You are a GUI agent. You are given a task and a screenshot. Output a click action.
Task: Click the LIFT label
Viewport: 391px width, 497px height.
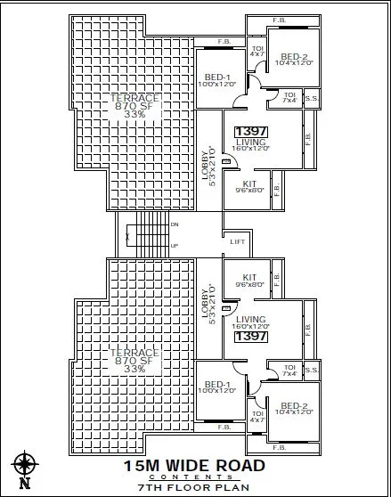click(x=237, y=241)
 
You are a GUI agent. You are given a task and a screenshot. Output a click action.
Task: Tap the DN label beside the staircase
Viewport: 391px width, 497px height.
click(x=175, y=225)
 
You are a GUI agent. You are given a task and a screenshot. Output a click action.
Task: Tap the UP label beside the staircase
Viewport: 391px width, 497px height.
click(x=175, y=246)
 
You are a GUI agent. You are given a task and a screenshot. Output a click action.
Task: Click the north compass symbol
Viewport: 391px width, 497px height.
click(x=24, y=467)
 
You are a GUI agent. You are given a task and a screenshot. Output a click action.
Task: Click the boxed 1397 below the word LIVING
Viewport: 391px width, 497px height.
click(x=250, y=337)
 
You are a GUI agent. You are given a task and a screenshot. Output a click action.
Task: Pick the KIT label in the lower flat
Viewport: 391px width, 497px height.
click(x=249, y=277)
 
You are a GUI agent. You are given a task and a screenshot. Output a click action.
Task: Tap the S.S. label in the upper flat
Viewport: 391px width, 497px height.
click(x=311, y=99)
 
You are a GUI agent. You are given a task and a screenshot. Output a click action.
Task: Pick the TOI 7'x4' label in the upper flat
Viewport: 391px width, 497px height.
click(x=289, y=97)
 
